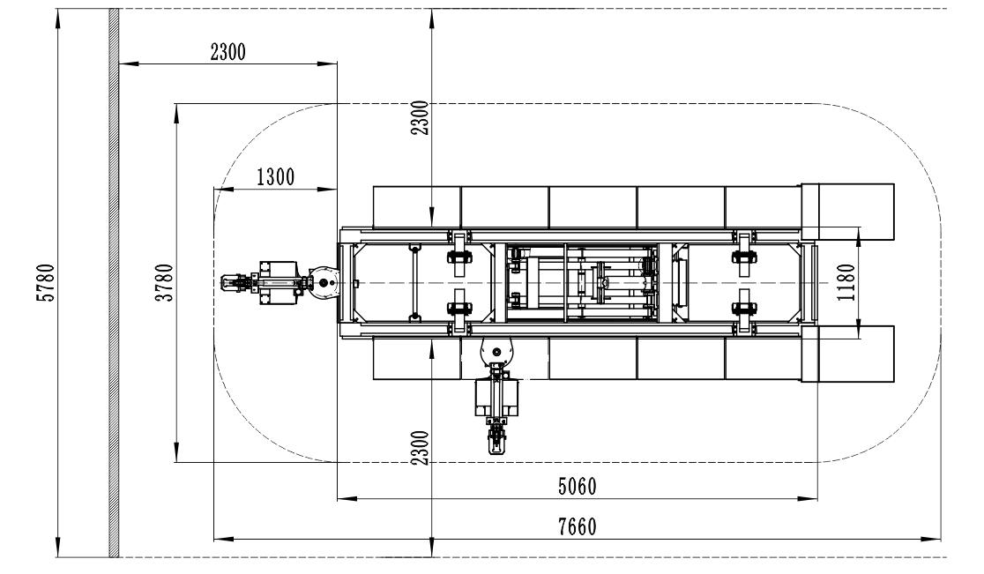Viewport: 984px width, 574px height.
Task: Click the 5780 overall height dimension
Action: click(47, 282)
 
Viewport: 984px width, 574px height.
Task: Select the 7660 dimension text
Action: click(578, 526)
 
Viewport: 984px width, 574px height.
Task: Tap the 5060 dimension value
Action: click(578, 486)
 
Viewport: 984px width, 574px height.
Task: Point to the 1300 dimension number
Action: click(275, 177)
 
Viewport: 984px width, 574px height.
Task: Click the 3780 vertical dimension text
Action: click(164, 282)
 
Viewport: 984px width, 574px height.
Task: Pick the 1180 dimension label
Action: click(846, 282)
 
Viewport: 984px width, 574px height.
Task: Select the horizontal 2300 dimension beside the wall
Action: click(227, 51)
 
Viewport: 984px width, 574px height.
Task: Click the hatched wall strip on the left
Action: click(114, 283)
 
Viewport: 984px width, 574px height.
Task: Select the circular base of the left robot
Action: click(324, 283)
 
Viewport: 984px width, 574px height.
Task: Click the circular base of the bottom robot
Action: click(496, 352)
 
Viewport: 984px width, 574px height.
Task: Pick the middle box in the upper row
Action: click(593, 207)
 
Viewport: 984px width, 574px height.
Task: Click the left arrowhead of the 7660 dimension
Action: click(223, 539)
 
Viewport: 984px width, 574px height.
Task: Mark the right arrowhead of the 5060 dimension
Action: click(809, 499)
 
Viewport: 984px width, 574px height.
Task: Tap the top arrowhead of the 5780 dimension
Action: click(57, 19)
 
